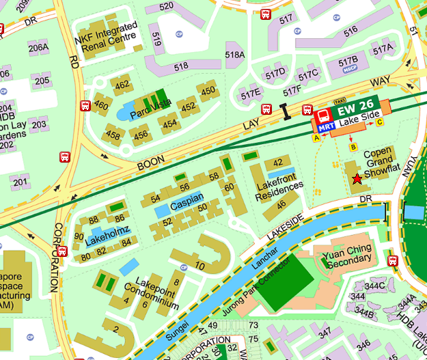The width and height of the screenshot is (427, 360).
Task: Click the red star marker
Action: tap(357, 179)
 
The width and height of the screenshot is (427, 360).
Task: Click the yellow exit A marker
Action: tap(316, 137)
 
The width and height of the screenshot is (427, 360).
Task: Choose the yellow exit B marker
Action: tap(353, 147)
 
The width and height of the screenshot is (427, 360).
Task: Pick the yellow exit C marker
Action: tap(380, 122)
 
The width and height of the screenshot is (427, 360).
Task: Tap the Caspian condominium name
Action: tap(187, 205)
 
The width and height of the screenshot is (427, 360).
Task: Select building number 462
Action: tap(122, 85)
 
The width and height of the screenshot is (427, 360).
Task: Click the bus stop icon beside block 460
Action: tap(85, 106)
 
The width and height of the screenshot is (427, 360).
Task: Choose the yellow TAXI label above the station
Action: tap(339, 100)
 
